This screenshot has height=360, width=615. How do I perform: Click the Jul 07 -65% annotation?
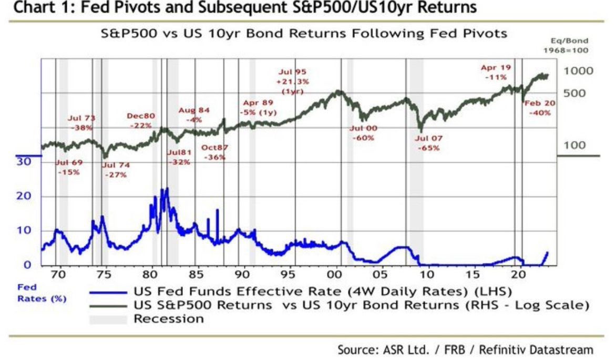coord(429,143)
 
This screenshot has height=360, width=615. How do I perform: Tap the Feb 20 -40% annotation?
coord(540,108)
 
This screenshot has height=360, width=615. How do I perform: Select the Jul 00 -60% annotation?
coord(363,133)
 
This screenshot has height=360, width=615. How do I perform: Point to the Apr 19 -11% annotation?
coord(496,72)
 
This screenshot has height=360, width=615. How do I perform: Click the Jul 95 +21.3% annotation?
coord(293,81)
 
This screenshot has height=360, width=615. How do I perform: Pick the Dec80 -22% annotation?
coord(141,121)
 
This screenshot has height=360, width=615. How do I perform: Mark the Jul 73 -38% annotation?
coord(81,123)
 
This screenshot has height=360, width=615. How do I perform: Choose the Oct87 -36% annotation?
coord(214,152)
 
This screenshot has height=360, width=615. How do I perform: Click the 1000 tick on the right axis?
coord(578,71)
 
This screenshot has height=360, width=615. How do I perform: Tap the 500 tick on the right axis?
coord(574,94)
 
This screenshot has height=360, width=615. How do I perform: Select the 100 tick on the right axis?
coord(574,145)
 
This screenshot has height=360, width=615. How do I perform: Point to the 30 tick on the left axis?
coord(24,161)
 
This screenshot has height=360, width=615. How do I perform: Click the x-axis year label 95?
coord(288,274)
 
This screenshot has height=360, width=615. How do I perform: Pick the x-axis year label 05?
coord(380,274)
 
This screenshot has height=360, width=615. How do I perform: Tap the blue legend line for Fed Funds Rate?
coord(108,292)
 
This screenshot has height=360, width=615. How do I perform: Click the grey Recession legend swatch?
coord(108,319)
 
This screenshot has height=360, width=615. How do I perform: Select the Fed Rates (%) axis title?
coord(42,293)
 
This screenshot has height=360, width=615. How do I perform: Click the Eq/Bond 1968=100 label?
coord(566,45)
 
